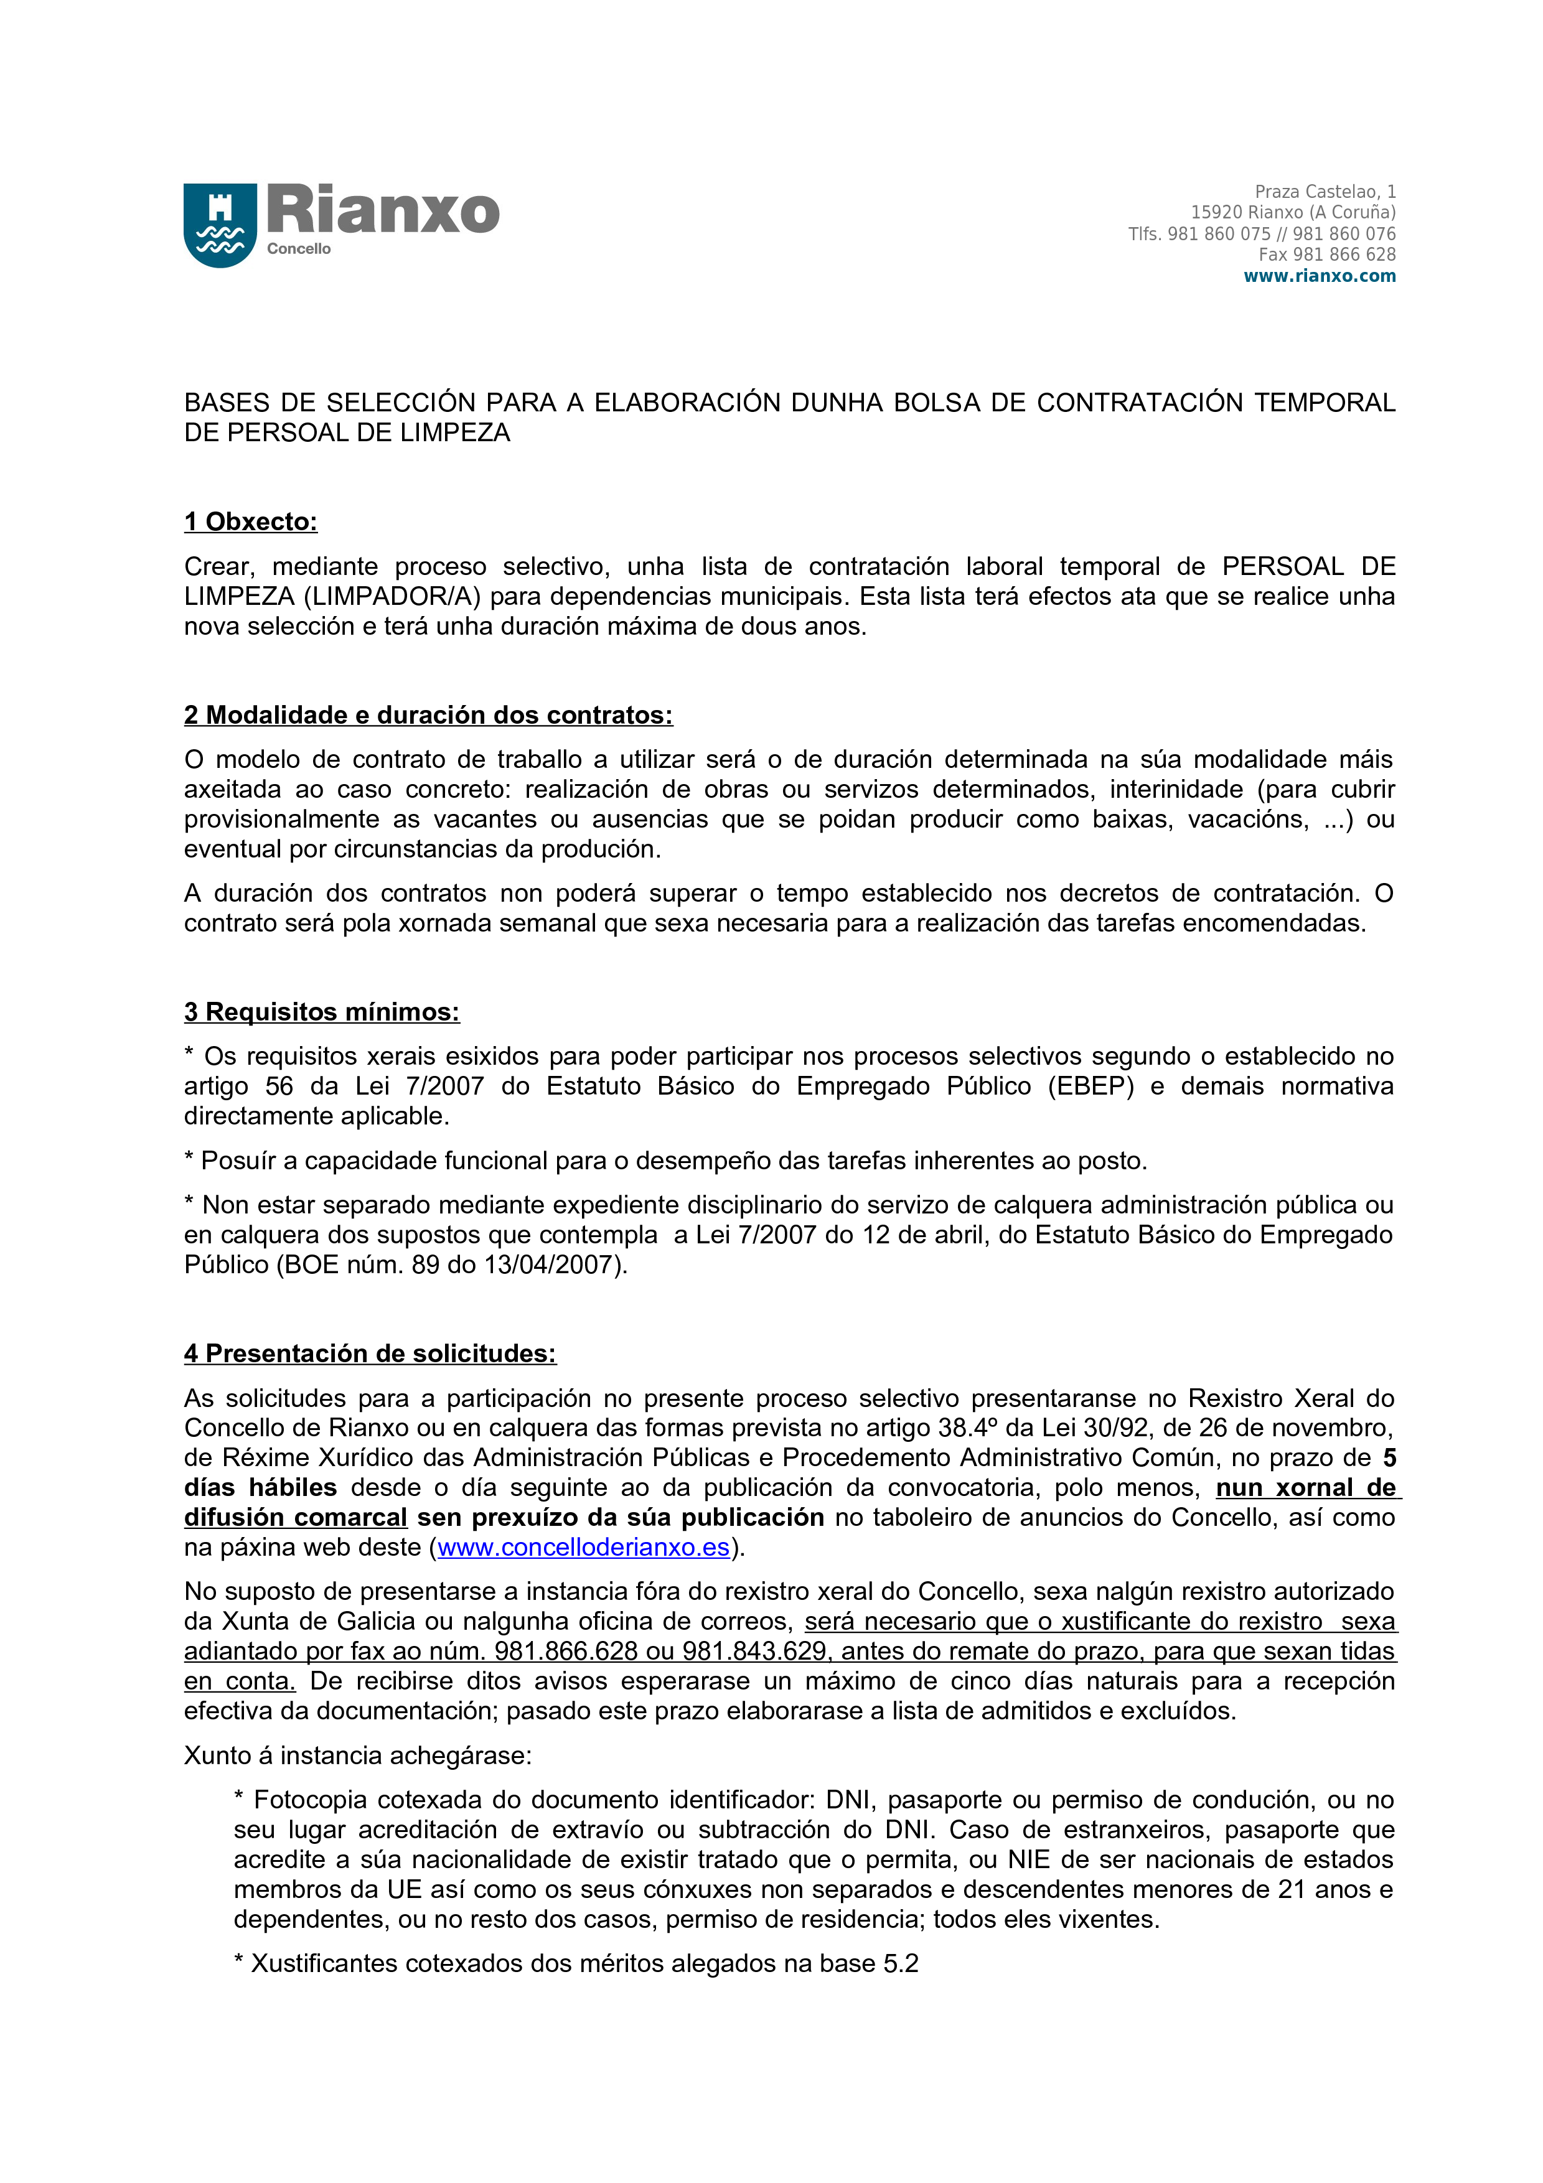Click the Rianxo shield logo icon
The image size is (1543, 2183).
pyautogui.click(x=220, y=225)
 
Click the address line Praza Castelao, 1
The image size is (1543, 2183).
pyautogui.click(x=1325, y=192)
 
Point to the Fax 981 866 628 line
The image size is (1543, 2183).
pyautogui.click(x=1326, y=255)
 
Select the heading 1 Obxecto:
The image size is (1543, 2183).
pyautogui.click(x=251, y=522)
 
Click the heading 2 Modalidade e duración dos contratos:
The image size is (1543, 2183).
pyautogui.click(x=428, y=715)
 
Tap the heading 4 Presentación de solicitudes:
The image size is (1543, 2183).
pyautogui.click(x=370, y=1353)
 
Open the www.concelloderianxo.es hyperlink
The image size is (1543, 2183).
pyautogui.click(x=583, y=1547)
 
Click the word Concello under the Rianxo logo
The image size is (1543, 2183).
pyautogui.click(x=299, y=249)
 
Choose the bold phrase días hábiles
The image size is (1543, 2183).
pyautogui.click(x=261, y=1487)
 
